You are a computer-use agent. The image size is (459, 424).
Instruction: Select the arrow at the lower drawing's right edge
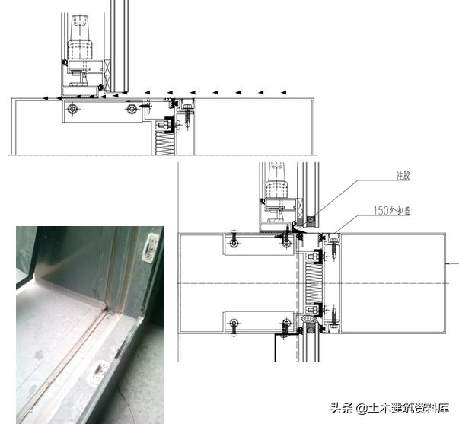click(x=454, y=264)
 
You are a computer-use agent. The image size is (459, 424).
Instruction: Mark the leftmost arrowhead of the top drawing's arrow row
click(x=46, y=98)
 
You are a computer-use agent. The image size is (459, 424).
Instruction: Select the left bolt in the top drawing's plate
click(x=72, y=110)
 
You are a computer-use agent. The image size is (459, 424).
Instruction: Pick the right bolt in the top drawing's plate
click(x=132, y=110)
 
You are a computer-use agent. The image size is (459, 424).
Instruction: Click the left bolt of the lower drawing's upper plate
click(x=234, y=243)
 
